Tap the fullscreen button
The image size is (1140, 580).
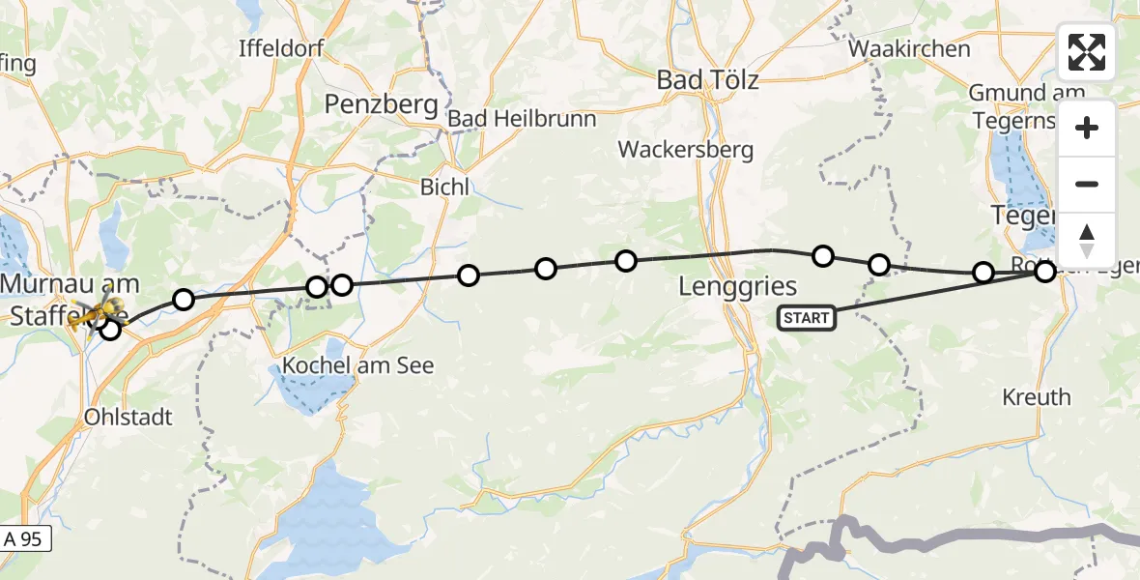[x=1087, y=52]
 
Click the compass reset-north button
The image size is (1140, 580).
[x=1087, y=241]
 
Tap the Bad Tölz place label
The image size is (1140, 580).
[x=707, y=79]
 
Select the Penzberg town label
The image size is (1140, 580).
[x=382, y=103]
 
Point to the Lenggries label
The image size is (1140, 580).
[x=738, y=285]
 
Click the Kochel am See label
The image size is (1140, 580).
[x=358, y=365]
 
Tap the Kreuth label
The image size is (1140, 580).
[x=1037, y=396]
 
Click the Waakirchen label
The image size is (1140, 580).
[x=909, y=48]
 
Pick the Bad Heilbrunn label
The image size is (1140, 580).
[x=523, y=119]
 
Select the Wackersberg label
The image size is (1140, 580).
[x=686, y=150]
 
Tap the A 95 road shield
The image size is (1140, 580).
[x=23, y=539]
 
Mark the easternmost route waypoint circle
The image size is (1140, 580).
[x=1044, y=272]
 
